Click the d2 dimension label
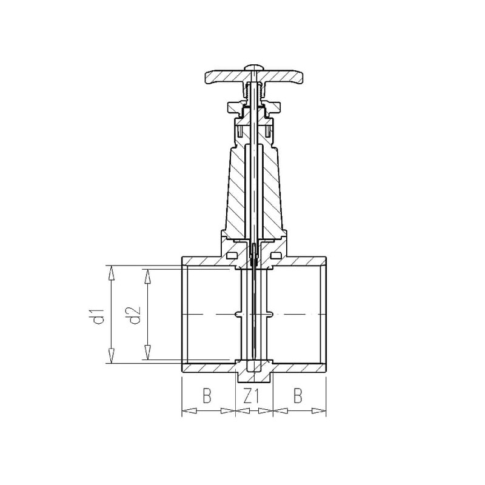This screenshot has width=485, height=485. click(135, 315)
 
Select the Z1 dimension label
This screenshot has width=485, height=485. click(251, 396)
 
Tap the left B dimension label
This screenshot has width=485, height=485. click(207, 396)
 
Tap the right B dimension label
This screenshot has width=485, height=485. click(298, 396)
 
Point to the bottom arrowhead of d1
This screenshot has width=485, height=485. click(111, 356)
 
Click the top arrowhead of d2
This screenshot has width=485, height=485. click(148, 276)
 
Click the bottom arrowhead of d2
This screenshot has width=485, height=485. click(148, 352)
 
